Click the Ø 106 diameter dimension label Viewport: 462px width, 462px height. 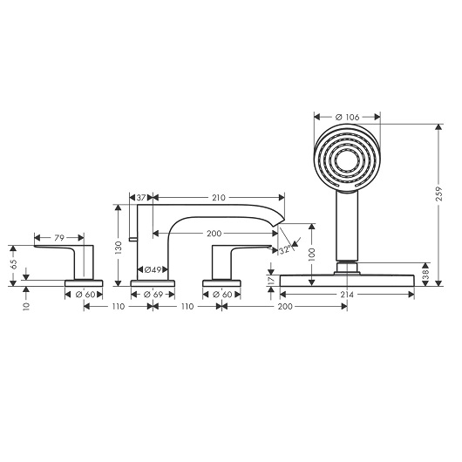348,118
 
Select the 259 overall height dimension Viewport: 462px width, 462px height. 439,194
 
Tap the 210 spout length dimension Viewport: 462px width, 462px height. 219,197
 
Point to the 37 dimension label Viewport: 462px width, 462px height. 141,197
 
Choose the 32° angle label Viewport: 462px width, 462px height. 285,250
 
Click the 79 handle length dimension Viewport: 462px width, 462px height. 59,237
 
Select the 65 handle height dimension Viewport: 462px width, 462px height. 13,264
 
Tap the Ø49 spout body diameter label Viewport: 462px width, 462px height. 153,269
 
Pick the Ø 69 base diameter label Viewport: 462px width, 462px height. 153,295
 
